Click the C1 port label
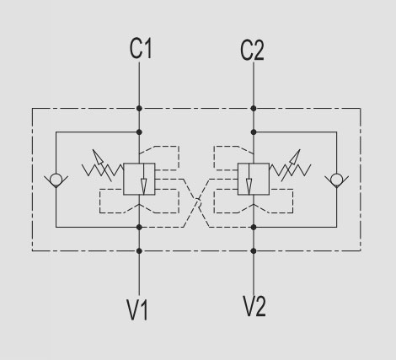pos(141,49)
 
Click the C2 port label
pos(252,51)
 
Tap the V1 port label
pos(137,309)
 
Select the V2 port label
pos(254,306)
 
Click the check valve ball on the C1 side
pos(56,180)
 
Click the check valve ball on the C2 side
pos(336,180)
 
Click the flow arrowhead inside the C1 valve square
pos(143,186)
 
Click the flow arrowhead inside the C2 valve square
pos(249,186)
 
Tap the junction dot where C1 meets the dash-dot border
pos(139,108)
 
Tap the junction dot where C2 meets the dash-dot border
pos(254,108)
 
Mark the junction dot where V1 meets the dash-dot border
pos(139,250)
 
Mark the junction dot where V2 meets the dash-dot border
pos(254,250)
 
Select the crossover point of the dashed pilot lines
pos(197,202)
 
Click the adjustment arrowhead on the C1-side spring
pos(97,156)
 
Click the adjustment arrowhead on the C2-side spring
pos(296,156)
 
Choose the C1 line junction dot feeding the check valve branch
pos(139,132)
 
